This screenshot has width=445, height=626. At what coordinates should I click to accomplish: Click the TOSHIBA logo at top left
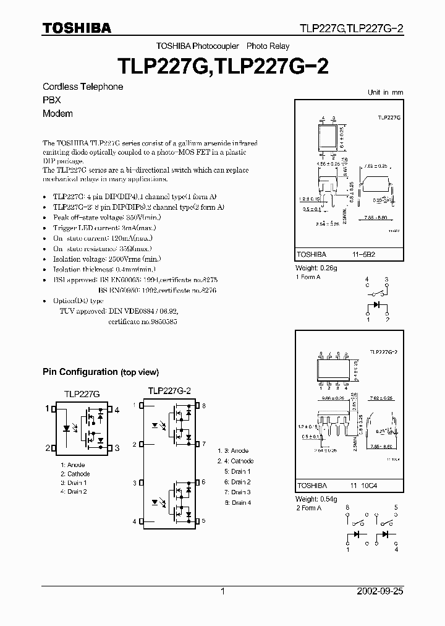coord(77,28)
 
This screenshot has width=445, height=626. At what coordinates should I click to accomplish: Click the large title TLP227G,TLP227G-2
coord(222,66)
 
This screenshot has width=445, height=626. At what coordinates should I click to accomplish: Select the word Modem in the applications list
coord(57,113)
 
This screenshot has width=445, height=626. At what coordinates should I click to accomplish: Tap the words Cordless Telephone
coord(83,87)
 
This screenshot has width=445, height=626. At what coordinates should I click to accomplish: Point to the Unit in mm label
coord(385,92)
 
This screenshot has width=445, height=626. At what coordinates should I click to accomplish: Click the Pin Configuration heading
coord(101,372)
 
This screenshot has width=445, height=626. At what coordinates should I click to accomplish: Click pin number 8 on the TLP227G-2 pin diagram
coord(205,406)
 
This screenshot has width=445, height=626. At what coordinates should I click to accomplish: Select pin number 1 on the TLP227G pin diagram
coord(46,408)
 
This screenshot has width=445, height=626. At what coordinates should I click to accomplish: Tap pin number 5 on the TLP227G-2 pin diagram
coord(205,521)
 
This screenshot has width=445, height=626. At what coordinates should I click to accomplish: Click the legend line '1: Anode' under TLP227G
coord(73,465)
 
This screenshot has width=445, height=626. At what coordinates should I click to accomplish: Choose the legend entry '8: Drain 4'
coord(237,502)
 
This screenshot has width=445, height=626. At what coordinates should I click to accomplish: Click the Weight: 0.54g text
coord(316,499)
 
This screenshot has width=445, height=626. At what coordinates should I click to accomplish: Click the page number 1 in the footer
coord(222,591)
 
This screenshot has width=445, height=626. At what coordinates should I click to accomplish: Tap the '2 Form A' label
coord(308,508)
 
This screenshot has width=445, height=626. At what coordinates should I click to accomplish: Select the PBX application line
coord(51,100)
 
